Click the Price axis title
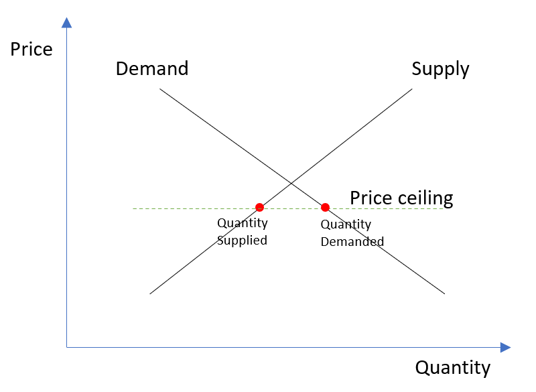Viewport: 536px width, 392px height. point(31,50)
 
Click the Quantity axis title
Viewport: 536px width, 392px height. point(453,367)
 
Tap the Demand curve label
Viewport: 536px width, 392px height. point(152,68)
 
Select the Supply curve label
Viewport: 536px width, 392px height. point(440,68)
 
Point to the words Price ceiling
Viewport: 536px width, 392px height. point(401,198)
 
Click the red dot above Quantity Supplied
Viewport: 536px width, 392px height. point(260,207)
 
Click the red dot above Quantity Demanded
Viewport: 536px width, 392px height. point(325,207)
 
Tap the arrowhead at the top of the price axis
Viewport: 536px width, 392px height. point(66,23)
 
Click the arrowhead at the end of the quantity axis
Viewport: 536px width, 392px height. point(505,347)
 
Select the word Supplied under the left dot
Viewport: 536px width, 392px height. point(242,240)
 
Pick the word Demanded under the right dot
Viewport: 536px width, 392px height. point(352,241)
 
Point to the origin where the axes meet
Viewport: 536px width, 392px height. point(67,347)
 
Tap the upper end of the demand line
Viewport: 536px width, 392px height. point(160,88)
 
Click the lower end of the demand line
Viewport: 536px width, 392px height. point(444,293)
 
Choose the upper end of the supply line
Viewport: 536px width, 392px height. point(412,88)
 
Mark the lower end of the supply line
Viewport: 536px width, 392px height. point(150,293)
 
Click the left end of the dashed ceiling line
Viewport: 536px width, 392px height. point(133,208)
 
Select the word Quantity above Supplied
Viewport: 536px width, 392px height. point(242,223)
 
